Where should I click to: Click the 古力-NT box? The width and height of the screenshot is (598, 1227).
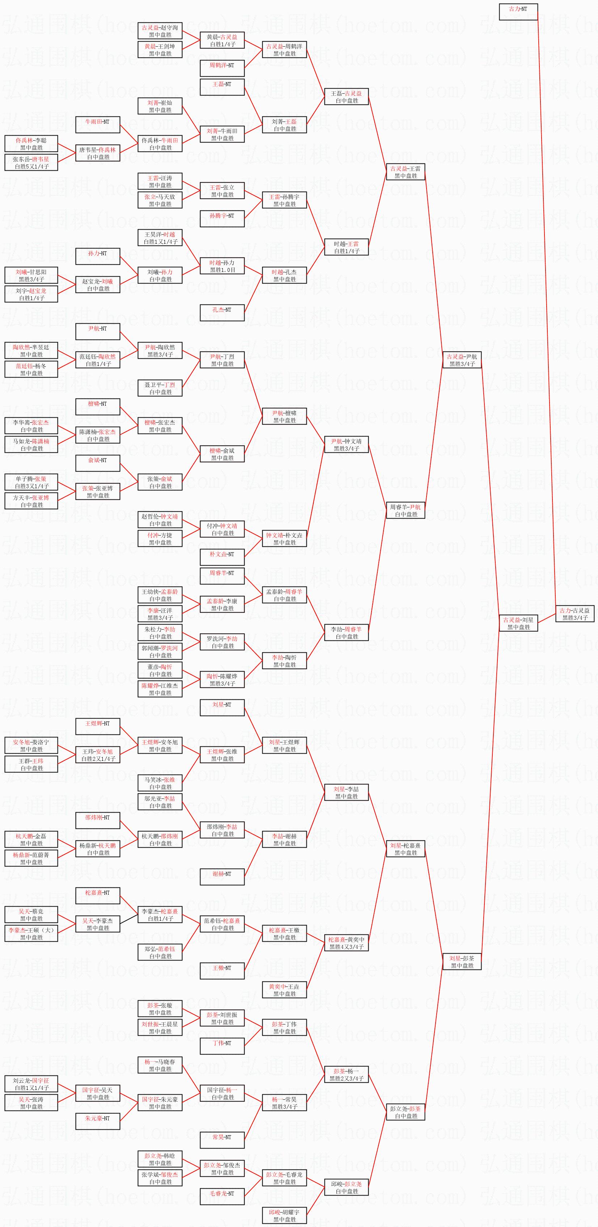pyautogui.click(x=518, y=12)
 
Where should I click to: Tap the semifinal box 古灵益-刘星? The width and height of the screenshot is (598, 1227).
pyautogui.click(x=518, y=623)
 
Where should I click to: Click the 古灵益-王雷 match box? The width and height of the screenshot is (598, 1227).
pyautogui.click(x=406, y=172)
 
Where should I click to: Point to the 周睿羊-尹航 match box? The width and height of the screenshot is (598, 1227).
pyautogui.click(x=406, y=510)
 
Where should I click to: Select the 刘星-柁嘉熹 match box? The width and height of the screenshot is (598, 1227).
pyautogui.click(x=406, y=849)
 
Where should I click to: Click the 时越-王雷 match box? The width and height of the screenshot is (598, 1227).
pyautogui.click(x=347, y=247)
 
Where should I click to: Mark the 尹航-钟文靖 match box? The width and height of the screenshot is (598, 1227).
pyautogui.click(x=347, y=444)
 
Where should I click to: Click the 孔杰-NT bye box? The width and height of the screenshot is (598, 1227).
pyautogui.click(x=222, y=312)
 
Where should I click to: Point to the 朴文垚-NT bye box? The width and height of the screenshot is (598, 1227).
pyautogui.click(x=222, y=557)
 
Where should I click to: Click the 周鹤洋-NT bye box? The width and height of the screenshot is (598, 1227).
pyautogui.click(x=222, y=68)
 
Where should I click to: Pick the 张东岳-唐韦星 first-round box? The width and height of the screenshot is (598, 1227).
pyautogui.click(x=31, y=162)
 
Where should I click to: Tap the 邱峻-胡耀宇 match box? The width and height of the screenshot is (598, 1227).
pyautogui.click(x=284, y=1215)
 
